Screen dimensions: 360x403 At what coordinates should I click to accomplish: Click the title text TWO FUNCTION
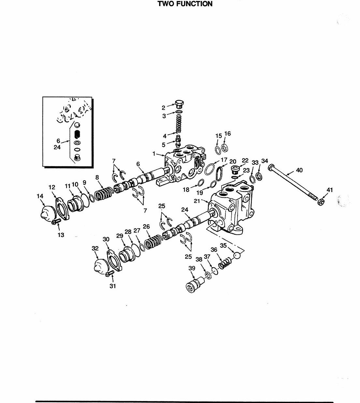tap(185, 4)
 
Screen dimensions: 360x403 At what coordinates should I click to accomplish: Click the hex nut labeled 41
tap(321, 202)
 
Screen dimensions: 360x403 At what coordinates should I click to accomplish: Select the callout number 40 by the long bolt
tap(299, 170)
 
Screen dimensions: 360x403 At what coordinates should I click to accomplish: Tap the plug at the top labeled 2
tap(179, 104)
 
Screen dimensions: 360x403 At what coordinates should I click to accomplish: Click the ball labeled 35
tap(237, 256)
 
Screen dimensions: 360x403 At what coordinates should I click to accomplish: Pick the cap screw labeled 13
tap(56, 221)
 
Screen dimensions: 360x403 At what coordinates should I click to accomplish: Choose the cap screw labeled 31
tap(109, 273)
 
